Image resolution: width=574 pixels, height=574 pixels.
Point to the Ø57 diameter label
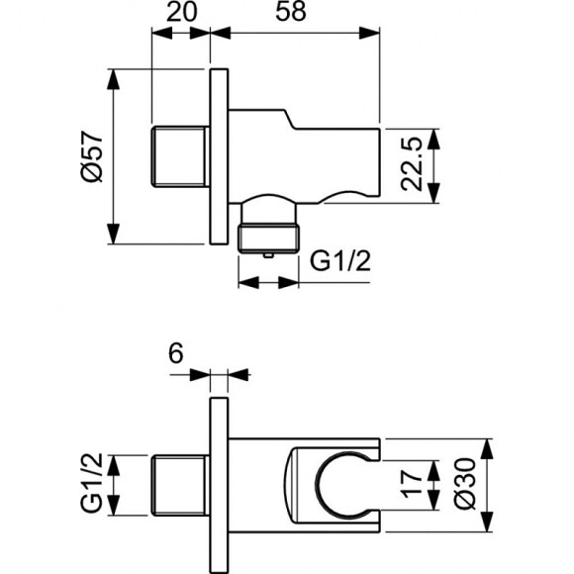(x=90, y=158)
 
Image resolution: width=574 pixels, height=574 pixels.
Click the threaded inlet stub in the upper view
(x=180, y=157)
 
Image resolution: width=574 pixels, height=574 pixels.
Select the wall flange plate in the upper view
(x=219, y=157)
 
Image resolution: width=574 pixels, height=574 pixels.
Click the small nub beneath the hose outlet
(x=268, y=256)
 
